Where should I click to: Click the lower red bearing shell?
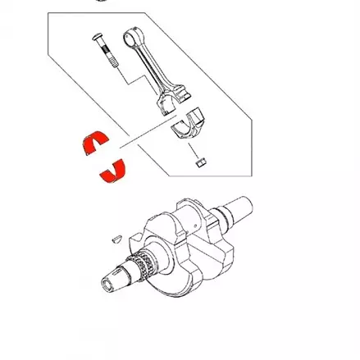click(x=113, y=169)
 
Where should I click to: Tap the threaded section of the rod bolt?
click(x=109, y=63)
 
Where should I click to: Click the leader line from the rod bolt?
click(x=122, y=77)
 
